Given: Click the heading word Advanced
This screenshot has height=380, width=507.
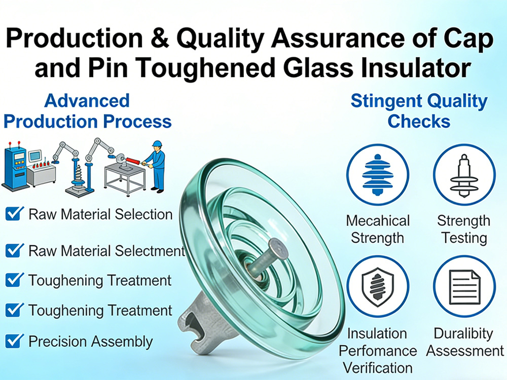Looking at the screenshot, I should (87, 100).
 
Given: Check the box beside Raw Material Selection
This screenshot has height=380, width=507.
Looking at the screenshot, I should (14, 214).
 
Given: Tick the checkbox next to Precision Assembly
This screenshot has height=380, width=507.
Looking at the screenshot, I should (14, 341).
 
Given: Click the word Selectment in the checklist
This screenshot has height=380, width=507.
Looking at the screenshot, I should (151, 251).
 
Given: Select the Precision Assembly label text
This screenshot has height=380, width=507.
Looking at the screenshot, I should (90, 341).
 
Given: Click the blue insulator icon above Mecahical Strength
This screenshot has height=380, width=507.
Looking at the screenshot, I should (377, 174).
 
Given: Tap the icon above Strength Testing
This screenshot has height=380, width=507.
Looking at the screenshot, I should (463, 174).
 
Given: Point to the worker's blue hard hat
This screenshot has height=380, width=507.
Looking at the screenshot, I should (156, 144).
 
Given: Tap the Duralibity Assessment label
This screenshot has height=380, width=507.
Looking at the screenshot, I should (463, 342).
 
